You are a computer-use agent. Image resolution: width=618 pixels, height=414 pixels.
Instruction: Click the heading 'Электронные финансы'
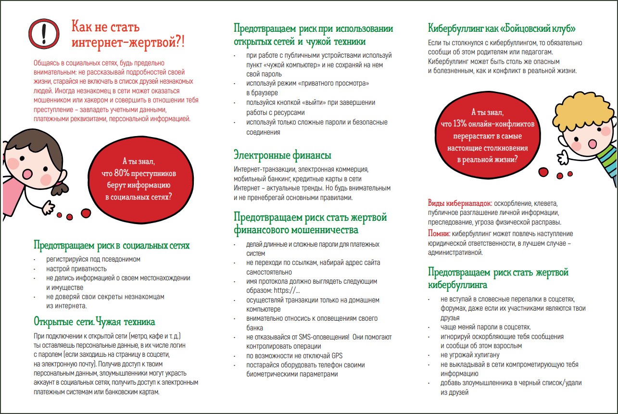tap(282, 155)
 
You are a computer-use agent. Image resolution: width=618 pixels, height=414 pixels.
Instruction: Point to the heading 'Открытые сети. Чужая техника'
tap(94, 321)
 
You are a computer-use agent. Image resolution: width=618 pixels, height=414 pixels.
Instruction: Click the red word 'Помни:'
tap(439, 234)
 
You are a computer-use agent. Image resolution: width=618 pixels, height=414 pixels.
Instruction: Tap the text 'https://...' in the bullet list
tap(287, 290)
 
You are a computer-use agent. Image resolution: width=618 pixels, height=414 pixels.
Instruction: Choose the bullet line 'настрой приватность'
tap(76, 269)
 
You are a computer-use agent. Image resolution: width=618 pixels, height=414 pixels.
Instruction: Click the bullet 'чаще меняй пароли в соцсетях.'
tap(486, 327)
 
